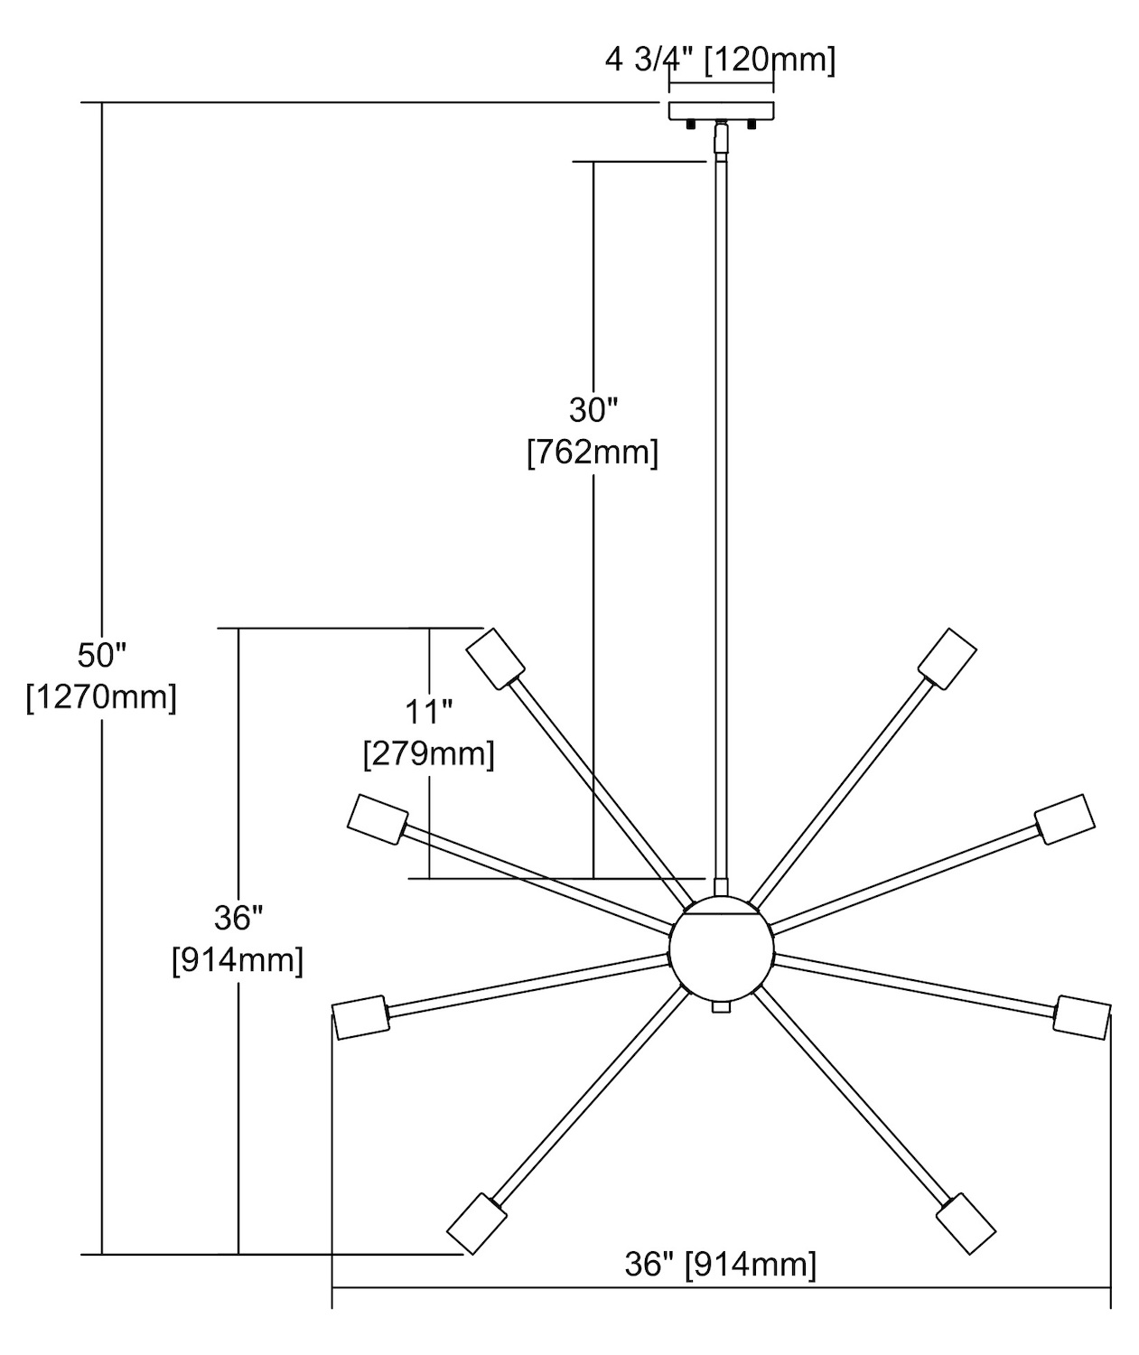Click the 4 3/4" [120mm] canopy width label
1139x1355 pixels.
click(x=720, y=61)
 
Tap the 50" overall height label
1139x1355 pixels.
click(x=101, y=653)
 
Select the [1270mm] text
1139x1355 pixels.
click(x=101, y=696)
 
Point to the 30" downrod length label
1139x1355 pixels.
click(x=593, y=409)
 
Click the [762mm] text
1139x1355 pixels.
click(x=593, y=452)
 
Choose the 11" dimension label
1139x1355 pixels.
click(x=428, y=711)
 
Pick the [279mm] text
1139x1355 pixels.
click(x=428, y=753)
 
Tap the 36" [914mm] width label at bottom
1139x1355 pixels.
click(x=720, y=1265)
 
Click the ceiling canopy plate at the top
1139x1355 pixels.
click(x=721, y=111)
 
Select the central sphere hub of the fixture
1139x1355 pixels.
click(x=721, y=951)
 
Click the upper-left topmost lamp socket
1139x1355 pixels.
click(x=496, y=659)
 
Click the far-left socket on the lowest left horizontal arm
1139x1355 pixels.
click(x=360, y=1018)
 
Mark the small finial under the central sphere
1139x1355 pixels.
click(x=720, y=1006)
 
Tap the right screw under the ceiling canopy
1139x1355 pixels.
click(x=750, y=126)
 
